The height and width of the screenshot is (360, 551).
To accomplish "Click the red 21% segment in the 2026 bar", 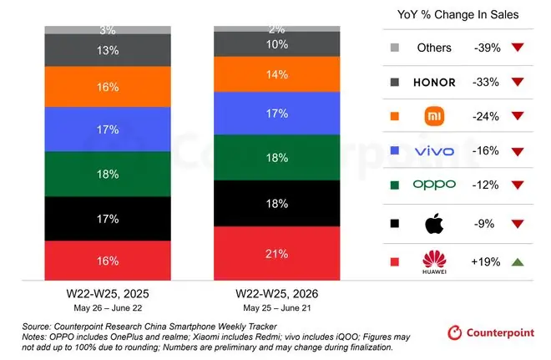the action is pyautogui.click(x=277, y=253).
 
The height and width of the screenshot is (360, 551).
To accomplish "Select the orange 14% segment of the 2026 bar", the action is pyautogui.click(x=277, y=74).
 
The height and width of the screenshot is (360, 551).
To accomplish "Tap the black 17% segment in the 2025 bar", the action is pyautogui.click(x=108, y=219).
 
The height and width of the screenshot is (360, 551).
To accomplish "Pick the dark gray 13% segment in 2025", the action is pyautogui.click(x=108, y=50).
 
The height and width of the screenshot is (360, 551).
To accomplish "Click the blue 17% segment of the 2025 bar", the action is pyautogui.click(x=108, y=129).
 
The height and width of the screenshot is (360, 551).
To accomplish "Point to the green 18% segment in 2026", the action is pyautogui.click(x=277, y=158).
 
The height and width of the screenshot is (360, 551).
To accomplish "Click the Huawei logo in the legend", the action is pyautogui.click(x=434, y=262).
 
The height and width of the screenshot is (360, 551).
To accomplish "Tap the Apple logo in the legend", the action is pyautogui.click(x=434, y=224).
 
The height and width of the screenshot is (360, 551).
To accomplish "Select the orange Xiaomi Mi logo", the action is pyautogui.click(x=434, y=116).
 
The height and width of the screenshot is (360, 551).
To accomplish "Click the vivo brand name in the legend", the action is pyautogui.click(x=434, y=151).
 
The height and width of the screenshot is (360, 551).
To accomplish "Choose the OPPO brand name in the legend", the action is pyautogui.click(x=434, y=185).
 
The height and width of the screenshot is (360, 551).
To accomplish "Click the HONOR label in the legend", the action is pyautogui.click(x=434, y=82).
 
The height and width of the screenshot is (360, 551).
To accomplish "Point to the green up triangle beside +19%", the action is pyautogui.click(x=518, y=262).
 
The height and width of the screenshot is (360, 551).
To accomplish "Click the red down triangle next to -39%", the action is pyautogui.click(x=518, y=47).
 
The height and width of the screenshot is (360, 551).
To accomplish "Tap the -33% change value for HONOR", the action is pyautogui.click(x=486, y=82).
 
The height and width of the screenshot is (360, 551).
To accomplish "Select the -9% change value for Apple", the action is pyautogui.click(x=484, y=224).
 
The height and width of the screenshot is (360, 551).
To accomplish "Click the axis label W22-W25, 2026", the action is pyautogui.click(x=277, y=293).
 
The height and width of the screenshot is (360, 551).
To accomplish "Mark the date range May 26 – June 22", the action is pyautogui.click(x=108, y=308).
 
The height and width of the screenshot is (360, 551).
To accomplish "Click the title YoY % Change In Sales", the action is pyautogui.click(x=457, y=15).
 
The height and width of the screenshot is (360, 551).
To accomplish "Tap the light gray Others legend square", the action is pyautogui.click(x=395, y=48).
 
